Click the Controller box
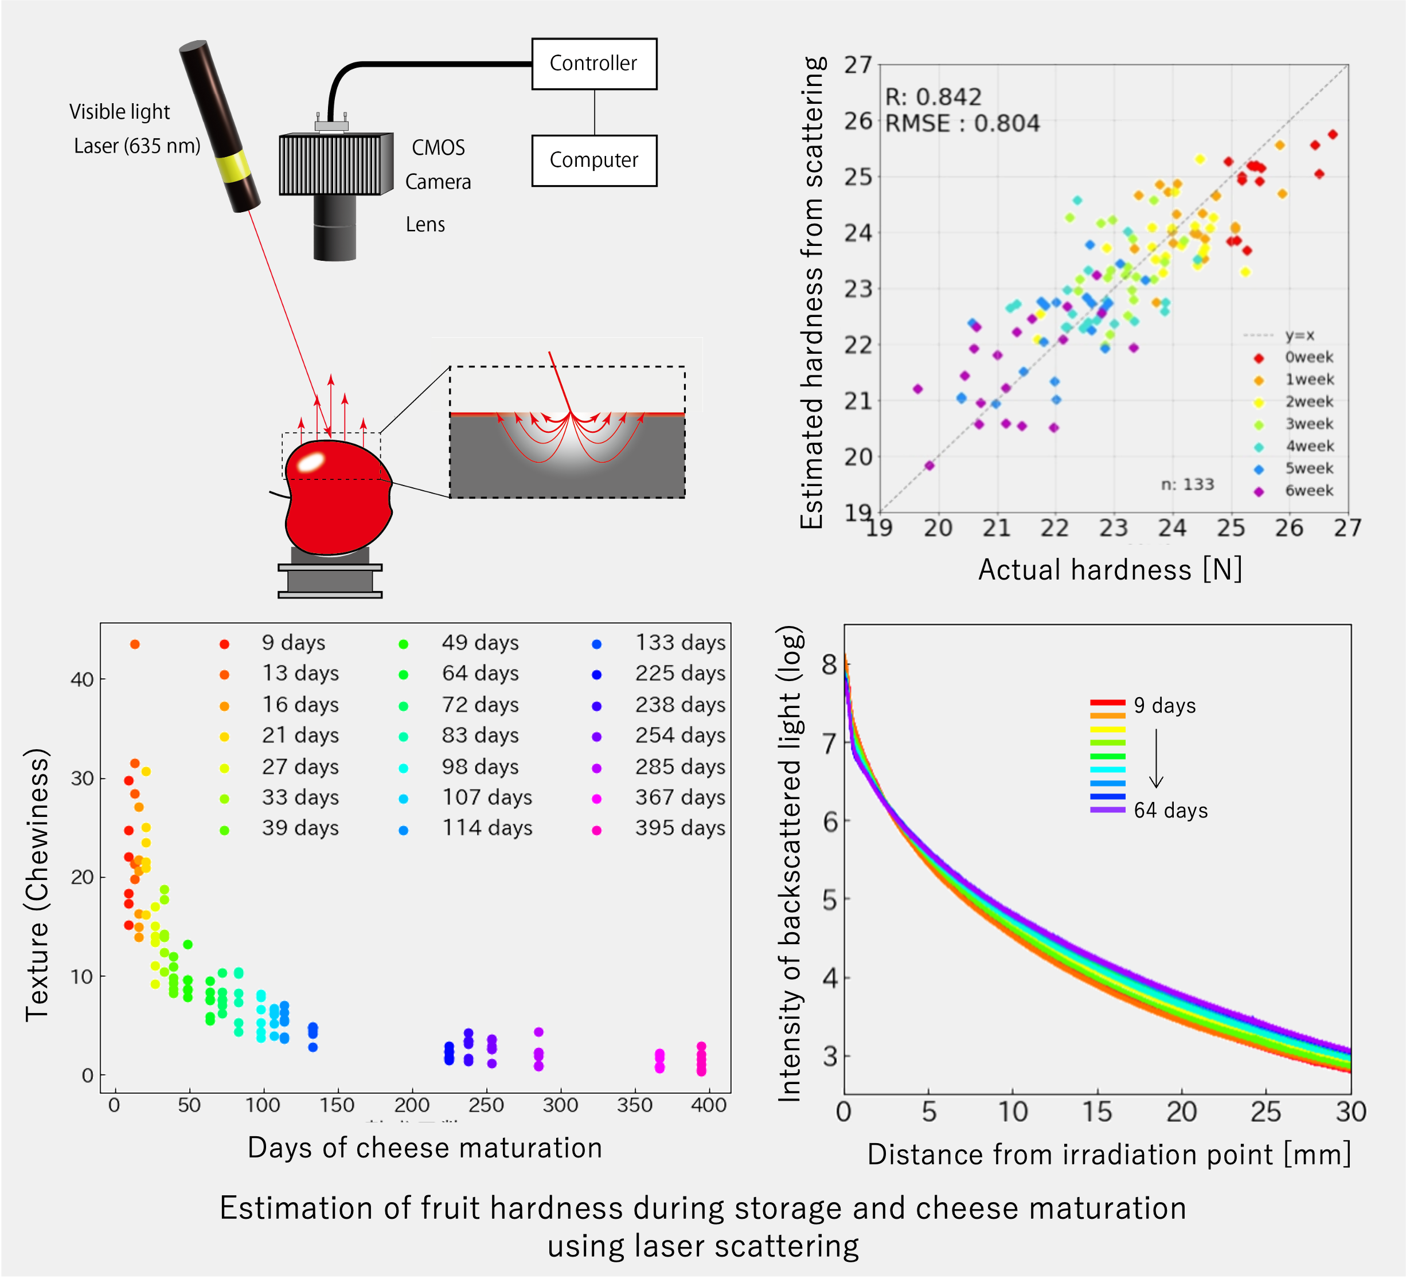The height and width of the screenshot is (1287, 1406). tap(593, 64)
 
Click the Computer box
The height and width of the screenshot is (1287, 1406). tap(593, 161)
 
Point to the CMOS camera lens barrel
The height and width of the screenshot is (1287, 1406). tap(335, 226)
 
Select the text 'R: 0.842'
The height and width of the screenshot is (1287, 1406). tap(933, 97)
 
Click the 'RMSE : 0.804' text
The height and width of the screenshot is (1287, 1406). tap(962, 123)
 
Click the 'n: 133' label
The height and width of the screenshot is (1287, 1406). tap(1187, 484)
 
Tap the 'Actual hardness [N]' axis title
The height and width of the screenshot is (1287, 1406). tap(1110, 570)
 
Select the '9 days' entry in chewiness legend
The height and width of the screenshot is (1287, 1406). tap(293, 642)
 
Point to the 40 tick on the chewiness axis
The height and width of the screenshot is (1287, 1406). tap(83, 679)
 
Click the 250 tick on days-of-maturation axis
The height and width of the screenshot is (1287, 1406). tap(486, 1105)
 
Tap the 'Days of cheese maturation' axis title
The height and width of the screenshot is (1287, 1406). tap(425, 1148)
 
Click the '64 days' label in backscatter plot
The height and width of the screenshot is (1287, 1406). tap(1170, 810)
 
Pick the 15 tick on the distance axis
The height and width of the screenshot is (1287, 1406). tap(1097, 1112)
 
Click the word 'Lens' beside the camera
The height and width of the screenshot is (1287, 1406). tap(425, 225)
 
